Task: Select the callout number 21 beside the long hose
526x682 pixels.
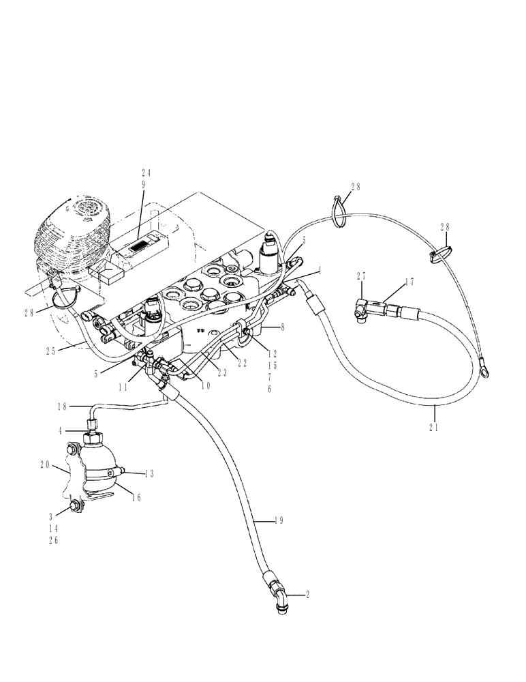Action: (x=433, y=428)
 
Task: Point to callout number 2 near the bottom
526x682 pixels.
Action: (x=308, y=595)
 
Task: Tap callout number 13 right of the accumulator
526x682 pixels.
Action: (x=149, y=472)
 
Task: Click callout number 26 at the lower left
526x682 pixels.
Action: (x=52, y=541)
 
